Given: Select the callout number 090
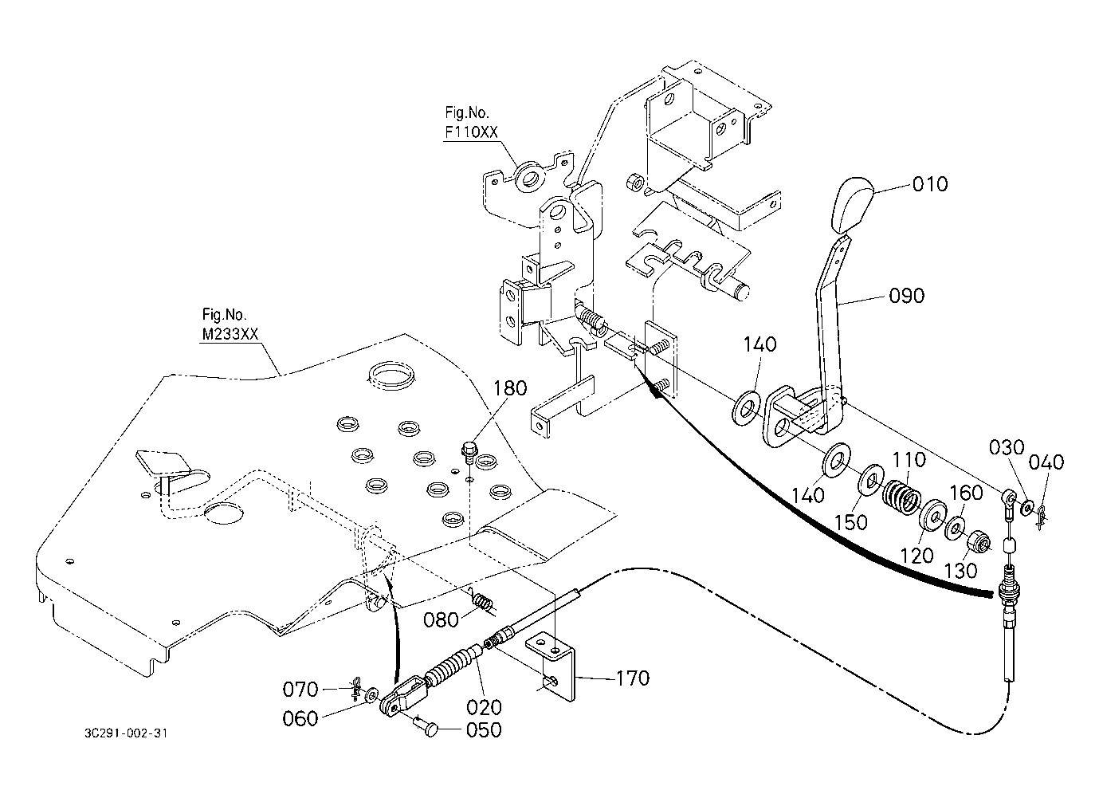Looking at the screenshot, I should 906,296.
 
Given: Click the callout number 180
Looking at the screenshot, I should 510,388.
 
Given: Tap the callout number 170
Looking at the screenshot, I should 632,678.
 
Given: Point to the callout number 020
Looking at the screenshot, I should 485,706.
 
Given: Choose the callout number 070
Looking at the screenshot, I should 302,689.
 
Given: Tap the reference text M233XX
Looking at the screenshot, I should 230,335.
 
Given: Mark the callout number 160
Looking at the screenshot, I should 967,493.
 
